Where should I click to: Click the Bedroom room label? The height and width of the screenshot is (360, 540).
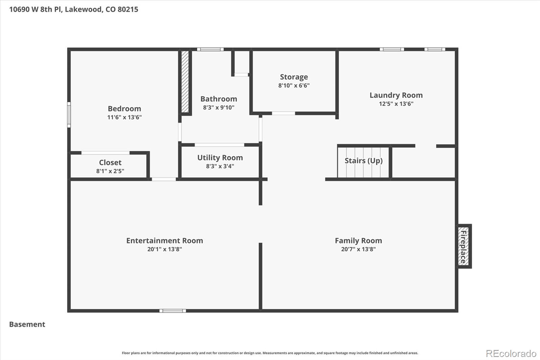coord(124,109)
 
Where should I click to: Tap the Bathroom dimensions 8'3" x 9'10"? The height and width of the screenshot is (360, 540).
coord(218,107)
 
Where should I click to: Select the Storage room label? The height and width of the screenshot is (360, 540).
coord(294,77)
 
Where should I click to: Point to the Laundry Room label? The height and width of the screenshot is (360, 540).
coord(396,95)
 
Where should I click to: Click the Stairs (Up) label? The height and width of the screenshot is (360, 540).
coord(363,160)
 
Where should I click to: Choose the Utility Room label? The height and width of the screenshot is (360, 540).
coord(220,158)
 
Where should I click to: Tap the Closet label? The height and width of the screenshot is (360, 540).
coord(110,162)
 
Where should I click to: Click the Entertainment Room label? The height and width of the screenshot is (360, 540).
coord(164,241)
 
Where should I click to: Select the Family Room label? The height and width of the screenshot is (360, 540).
coord(358,241)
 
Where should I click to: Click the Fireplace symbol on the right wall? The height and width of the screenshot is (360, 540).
coord(464,246)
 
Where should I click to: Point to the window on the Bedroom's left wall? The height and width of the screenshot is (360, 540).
coord(69,115)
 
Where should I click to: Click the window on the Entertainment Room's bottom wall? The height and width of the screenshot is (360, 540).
coord(172,311)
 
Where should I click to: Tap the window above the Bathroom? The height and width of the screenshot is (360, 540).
coord(210,49)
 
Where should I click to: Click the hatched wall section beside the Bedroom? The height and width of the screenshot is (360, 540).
coord(185,82)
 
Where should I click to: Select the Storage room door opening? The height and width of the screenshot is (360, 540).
coord(283,113)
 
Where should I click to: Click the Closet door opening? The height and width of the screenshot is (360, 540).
coord(105,153)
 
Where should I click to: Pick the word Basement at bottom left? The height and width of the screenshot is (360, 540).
coord(27,324)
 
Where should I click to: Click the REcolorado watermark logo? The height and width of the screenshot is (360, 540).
coord(511,353)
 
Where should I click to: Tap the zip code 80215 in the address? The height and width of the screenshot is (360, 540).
coord(128,9)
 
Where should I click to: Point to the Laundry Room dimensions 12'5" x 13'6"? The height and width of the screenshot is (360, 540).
coord(396,104)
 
